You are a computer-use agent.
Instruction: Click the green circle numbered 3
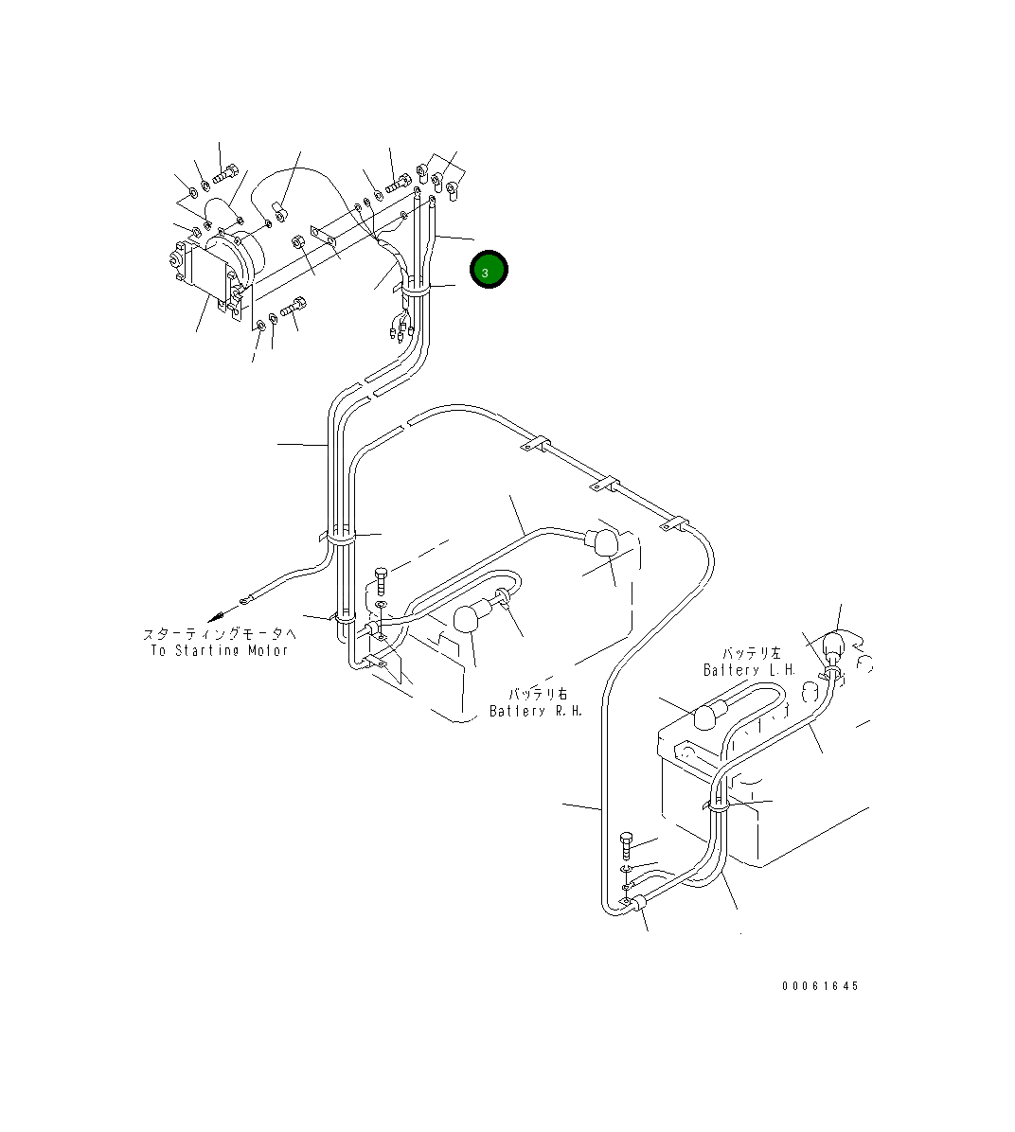[489, 271]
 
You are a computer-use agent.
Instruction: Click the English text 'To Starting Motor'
[219, 651]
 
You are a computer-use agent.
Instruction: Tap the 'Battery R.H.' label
[536, 711]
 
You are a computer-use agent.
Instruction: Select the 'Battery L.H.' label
[750, 670]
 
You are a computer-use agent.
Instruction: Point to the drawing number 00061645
[820, 986]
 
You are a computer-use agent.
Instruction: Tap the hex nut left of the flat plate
[296, 242]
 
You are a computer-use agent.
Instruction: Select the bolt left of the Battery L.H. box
[626, 842]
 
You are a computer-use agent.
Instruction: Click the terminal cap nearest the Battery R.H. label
[466, 619]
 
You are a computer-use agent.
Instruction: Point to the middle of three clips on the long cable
[604, 486]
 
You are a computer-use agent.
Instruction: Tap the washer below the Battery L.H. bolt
[626, 869]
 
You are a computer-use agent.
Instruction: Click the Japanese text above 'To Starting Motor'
[220, 634]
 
